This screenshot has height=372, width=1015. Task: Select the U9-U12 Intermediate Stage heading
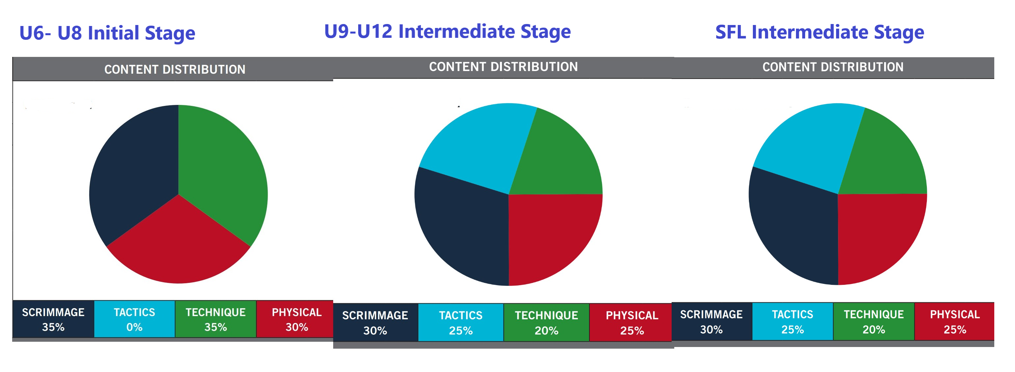coord(447,31)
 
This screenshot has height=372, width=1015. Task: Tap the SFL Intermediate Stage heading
coord(820,32)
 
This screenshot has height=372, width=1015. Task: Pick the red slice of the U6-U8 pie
coord(179,244)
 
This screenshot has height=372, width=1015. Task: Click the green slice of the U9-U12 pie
coord(559,158)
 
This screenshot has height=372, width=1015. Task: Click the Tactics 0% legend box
coord(135,319)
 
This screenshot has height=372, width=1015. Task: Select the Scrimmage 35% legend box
coord(53,319)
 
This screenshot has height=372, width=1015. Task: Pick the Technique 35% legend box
coord(215,319)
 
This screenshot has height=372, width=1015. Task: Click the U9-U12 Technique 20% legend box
coord(547,322)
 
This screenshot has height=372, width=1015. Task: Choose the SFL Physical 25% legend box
coord(954,321)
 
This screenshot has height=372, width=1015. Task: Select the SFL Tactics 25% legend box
coord(792,321)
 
